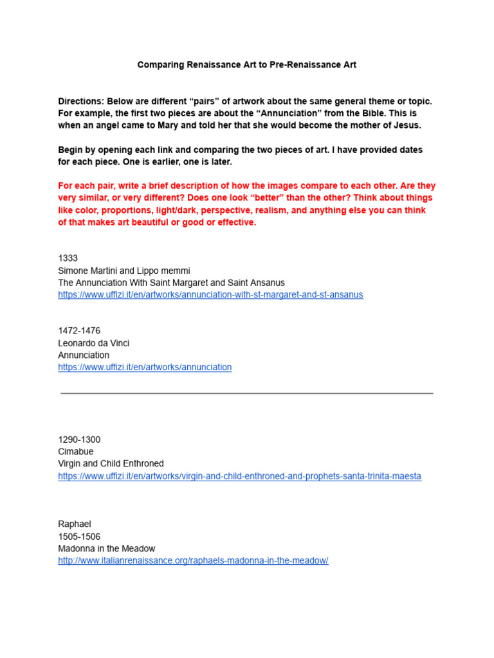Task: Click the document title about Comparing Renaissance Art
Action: pyautogui.click(x=246, y=65)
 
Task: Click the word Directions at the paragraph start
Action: pyautogui.click(x=80, y=102)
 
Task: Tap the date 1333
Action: pyautogui.click(x=68, y=258)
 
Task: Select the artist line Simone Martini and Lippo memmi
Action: pyautogui.click(x=124, y=271)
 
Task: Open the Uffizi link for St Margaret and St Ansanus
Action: pyautogui.click(x=210, y=295)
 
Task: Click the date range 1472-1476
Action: pyautogui.click(x=79, y=331)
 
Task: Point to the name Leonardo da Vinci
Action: pyautogui.click(x=94, y=343)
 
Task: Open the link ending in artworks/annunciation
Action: pyautogui.click(x=145, y=368)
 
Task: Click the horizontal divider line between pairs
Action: pyautogui.click(x=247, y=393)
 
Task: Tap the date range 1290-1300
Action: pyautogui.click(x=79, y=440)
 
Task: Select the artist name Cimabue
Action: pyautogui.click(x=75, y=452)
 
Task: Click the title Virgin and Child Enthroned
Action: pyautogui.click(x=111, y=464)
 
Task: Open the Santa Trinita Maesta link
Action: pyautogui.click(x=239, y=476)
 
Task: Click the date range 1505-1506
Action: pyautogui.click(x=79, y=537)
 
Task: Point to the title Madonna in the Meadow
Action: pyautogui.click(x=107, y=549)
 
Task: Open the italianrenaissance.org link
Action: pyautogui.click(x=193, y=561)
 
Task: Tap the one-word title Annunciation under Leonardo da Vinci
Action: pyautogui.click(x=84, y=355)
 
